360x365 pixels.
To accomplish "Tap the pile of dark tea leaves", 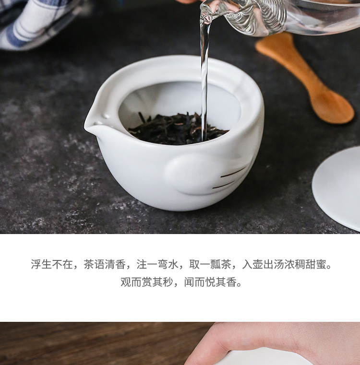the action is pyautogui.click(x=177, y=129).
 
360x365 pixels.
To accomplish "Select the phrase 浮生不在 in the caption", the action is pyautogui.click(x=52, y=264).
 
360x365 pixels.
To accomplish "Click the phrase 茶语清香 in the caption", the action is pyautogui.click(x=105, y=264).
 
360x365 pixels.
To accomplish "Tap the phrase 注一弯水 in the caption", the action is pyautogui.click(x=157, y=264).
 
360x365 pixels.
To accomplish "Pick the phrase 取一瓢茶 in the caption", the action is pyautogui.click(x=210, y=264).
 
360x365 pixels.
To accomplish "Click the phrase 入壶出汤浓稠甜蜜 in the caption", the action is pyautogui.click(x=284, y=264).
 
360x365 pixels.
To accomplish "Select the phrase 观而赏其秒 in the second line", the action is pyautogui.click(x=147, y=282).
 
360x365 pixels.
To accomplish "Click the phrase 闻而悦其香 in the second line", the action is pyautogui.click(x=210, y=282).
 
